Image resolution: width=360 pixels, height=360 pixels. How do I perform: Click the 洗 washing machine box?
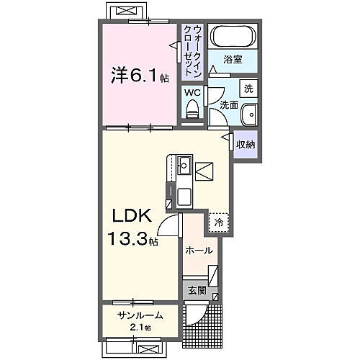point(248,89)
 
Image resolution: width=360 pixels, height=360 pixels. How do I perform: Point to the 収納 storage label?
point(246,144)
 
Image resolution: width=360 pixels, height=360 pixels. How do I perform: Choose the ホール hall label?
point(199,251)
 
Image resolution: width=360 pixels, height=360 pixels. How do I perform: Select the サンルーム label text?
point(136,315)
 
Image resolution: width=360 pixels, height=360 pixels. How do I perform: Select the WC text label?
point(191,92)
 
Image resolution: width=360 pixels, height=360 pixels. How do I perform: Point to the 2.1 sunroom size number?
point(138,328)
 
